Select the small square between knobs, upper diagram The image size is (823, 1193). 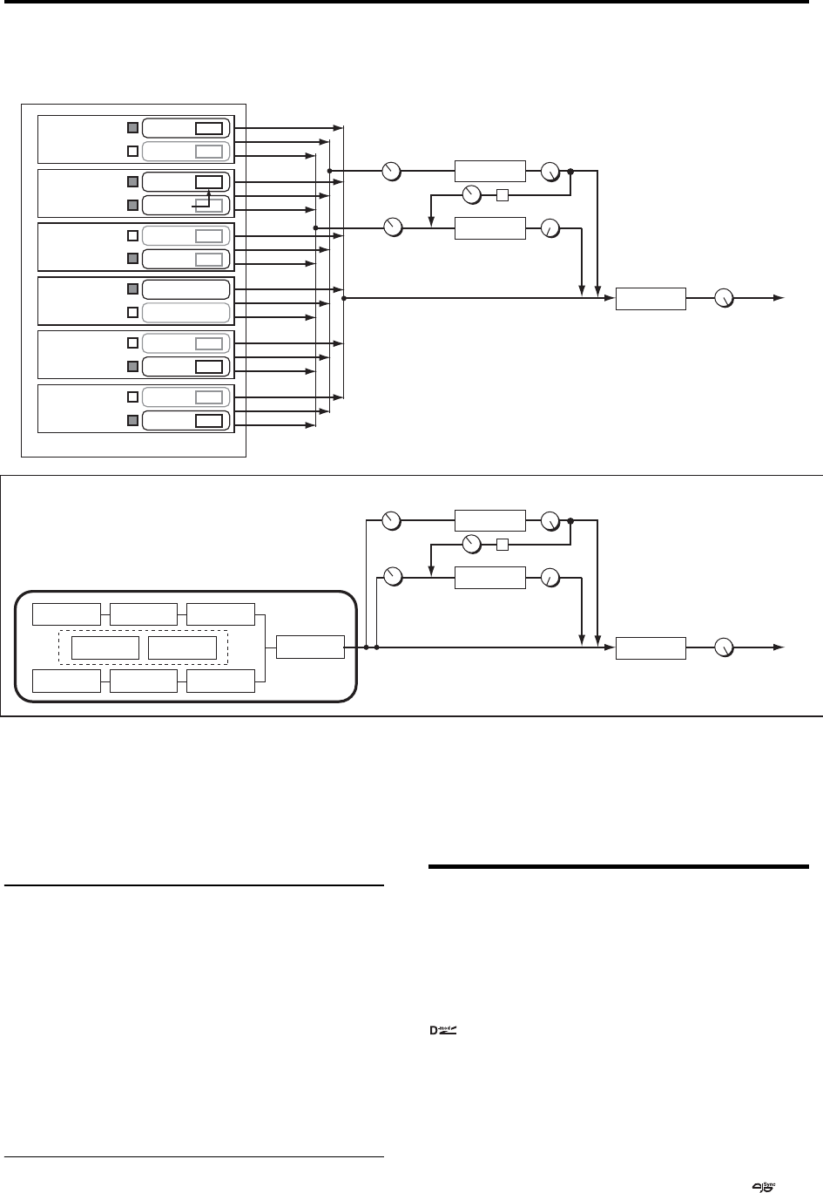(501, 194)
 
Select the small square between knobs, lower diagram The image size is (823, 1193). (501, 546)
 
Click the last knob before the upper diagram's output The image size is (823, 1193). (724, 299)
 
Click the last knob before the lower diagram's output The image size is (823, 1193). (724, 647)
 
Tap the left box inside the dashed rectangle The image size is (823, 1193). (105, 648)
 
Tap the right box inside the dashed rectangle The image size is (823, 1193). (182, 648)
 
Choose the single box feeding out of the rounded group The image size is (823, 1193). (310, 647)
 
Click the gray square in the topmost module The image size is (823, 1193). (133, 128)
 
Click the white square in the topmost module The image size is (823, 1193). (133, 151)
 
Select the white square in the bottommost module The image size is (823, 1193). (133, 397)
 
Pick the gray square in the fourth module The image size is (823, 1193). (133, 289)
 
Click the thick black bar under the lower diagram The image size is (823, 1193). (618, 866)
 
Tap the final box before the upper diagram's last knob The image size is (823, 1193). (651, 298)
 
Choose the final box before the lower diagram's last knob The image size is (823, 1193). (651, 648)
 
